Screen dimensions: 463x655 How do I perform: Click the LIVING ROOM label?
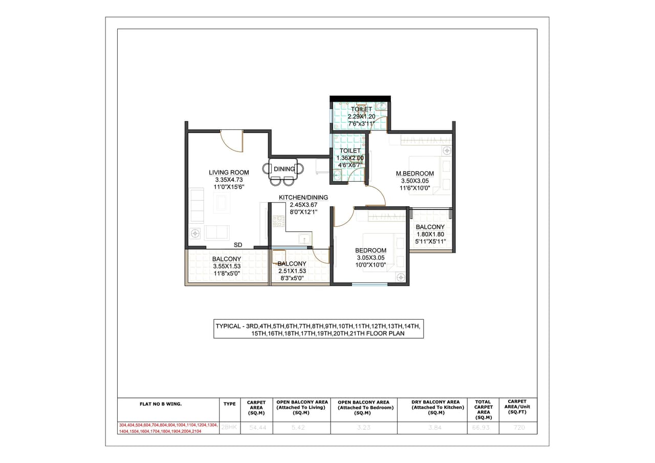click(x=229, y=172)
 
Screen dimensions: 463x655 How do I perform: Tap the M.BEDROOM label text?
click(x=414, y=174)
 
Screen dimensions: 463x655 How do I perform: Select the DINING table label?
click(x=284, y=169)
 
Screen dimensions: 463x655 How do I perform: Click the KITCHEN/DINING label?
click(x=303, y=197)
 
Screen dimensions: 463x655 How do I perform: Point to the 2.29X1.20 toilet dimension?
click(x=361, y=117)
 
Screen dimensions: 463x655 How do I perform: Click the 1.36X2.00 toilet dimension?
click(x=350, y=158)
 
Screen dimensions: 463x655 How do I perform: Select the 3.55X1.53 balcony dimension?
click(x=227, y=266)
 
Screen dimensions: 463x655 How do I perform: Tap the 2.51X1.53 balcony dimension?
click(x=292, y=271)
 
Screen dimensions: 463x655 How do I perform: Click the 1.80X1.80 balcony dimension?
click(x=430, y=234)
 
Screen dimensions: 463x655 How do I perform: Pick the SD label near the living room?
click(x=238, y=245)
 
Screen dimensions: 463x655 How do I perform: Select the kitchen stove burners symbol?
click(x=278, y=221)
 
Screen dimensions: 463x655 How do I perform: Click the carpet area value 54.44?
click(x=256, y=428)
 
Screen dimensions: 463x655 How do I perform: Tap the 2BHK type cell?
click(x=229, y=427)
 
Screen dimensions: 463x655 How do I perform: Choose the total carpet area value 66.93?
click(x=483, y=428)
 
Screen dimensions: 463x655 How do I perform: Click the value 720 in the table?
click(x=518, y=428)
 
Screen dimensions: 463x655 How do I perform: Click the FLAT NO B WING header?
click(x=161, y=404)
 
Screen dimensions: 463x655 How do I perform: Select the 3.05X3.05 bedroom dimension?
click(x=370, y=258)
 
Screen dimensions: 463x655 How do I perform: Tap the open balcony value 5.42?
click(x=298, y=428)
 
